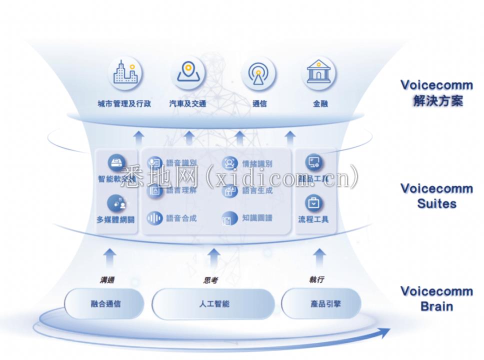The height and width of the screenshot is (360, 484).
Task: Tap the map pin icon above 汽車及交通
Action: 188,73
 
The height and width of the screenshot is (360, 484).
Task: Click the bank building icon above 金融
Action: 318,73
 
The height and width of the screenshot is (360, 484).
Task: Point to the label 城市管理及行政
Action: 124,104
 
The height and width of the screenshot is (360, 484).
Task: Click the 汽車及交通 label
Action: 188,104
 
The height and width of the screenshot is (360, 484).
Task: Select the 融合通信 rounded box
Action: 105,303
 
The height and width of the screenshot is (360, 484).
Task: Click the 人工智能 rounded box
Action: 213,303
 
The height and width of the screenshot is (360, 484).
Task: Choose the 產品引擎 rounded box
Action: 321,303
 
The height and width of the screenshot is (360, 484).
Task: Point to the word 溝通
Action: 106,280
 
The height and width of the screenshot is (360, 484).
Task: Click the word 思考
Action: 210,280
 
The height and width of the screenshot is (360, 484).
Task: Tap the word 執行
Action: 316,280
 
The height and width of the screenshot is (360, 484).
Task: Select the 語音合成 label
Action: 181,218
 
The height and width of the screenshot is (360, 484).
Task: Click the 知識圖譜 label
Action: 257,218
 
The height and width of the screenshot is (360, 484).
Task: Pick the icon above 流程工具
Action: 314,203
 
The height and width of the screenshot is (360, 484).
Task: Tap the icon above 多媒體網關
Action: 116,203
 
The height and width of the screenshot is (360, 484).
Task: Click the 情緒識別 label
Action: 257,163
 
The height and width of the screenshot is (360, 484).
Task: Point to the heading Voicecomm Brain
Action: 436,298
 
